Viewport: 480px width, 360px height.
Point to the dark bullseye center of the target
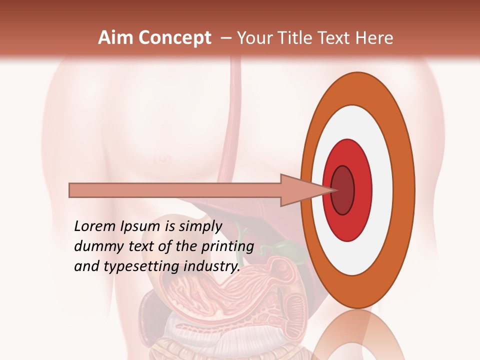point(342,190)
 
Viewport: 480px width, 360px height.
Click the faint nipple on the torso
point(161,159)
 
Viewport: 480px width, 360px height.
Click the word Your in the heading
point(254,38)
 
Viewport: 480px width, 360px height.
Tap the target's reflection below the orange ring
point(357,335)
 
